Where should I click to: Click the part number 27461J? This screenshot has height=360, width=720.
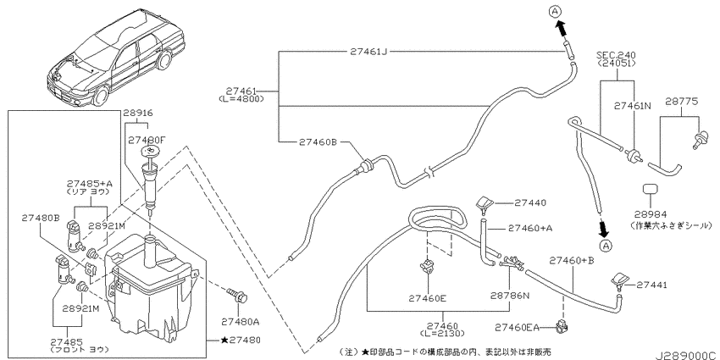(x=369, y=52)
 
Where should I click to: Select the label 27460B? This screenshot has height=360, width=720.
(x=318, y=142)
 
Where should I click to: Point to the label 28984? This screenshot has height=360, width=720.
(x=651, y=213)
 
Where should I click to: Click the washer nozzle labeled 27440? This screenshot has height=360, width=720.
(x=484, y=204)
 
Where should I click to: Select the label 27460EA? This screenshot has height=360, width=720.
(x=517, y=328)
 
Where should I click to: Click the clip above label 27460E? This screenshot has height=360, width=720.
(x=428, y=265)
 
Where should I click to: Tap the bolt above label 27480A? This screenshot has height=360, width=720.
(x=237, y=296)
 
